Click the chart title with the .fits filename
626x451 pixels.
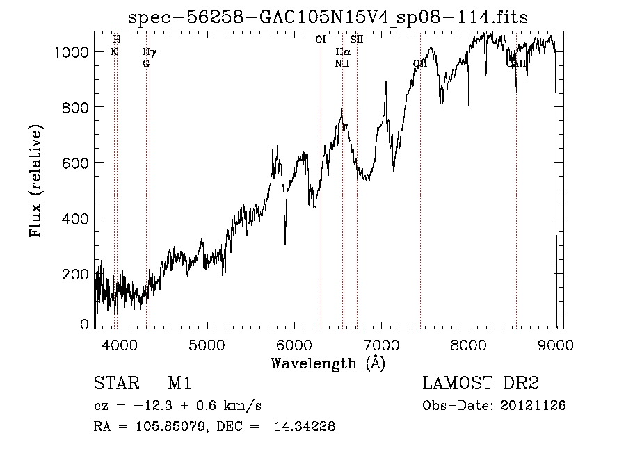click(x=328, y=17)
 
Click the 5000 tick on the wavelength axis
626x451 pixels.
click(x=207, y=343)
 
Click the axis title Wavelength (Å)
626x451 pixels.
click(x=328, y=362)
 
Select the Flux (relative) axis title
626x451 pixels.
click(x=35, y=181)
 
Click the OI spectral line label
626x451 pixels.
click(x=321, y=40)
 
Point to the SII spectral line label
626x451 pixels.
click(x=357, y=40)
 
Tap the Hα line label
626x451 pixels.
click(x=342, y=52)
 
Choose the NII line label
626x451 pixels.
click(x=342, y=63)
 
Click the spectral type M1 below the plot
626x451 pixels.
click(x=179, y=384)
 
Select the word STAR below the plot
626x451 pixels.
click(x=115, y=384)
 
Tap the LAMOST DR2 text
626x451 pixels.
click(x=481, y=384)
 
